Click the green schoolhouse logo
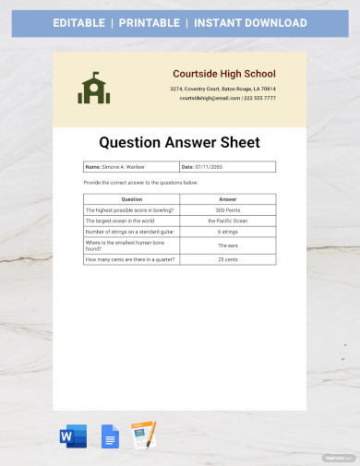coord(93,88)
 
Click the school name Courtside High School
coord(223,74)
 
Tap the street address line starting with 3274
coord(222,89)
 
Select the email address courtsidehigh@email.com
coord(209,97)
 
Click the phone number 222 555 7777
coord(259,97)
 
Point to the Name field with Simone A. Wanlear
coord(130,167)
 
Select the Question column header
coord(132,198)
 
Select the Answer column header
coord(228,198)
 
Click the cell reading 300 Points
coord(228,210)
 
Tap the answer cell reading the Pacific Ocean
coord(228,221)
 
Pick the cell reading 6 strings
coord(228,233)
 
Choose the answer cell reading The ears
coord(228,245)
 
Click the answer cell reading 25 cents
coord(228,259)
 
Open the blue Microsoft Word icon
coord(72,436)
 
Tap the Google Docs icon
coord(109,436)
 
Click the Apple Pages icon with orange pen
coord(143,436)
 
